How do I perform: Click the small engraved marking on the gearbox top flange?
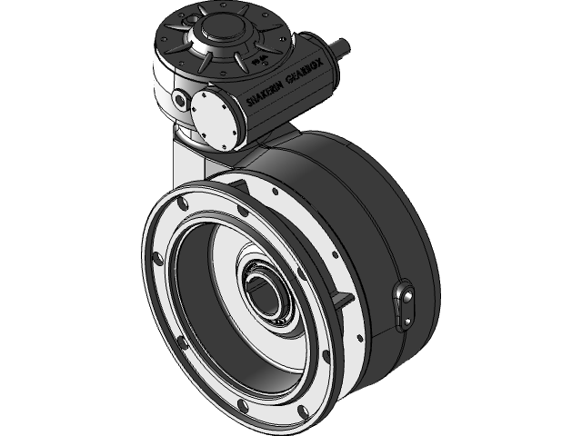click(x=259, y=58)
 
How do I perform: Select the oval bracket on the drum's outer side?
click(x=403, y=303)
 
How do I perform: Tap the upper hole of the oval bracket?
click(x=406, y=294)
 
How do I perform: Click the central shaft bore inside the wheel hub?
click(x=266, y=295)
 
